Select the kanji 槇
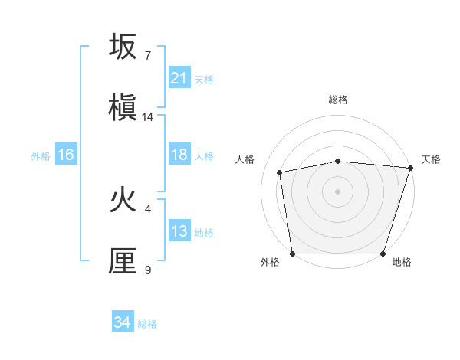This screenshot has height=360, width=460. click(123, 108)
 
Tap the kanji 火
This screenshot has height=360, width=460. click(123, 201)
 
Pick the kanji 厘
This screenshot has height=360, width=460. click(123, 261)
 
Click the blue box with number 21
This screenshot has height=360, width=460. click(179, 78)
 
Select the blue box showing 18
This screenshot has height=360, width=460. click(179, 155)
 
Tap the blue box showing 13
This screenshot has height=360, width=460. click(179, 231)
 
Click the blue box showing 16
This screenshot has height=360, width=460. click(65, 155)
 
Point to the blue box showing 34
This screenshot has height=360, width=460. click(122, 322)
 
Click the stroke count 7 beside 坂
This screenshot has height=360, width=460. click(148, 55)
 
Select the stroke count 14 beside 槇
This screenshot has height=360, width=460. click(148, 117)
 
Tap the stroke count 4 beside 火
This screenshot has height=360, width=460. click(148, 208)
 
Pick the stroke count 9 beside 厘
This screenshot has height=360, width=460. click(148, 270)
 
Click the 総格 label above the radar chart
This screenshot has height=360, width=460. click(338, 100)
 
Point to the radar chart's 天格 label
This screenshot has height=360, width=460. click(431, 159)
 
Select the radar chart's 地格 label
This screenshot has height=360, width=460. click(402, 262)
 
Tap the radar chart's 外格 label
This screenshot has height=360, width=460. click(270, 262)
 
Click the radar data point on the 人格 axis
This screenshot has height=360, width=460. click(281, 172)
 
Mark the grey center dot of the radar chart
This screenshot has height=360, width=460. click(338, 191)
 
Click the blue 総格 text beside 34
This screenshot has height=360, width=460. click(147, 324)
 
